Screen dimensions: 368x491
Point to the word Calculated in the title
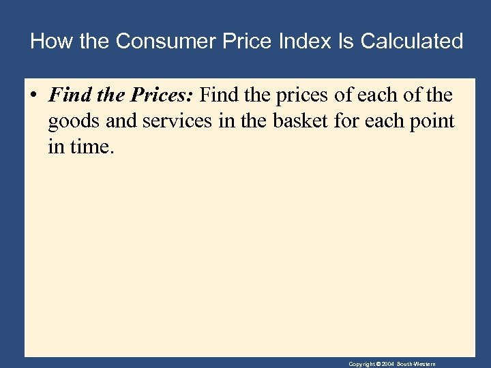[x=412, y=42]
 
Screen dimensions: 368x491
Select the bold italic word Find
[x=66, y=95]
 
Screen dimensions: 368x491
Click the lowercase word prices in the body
[x=303, y=95]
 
